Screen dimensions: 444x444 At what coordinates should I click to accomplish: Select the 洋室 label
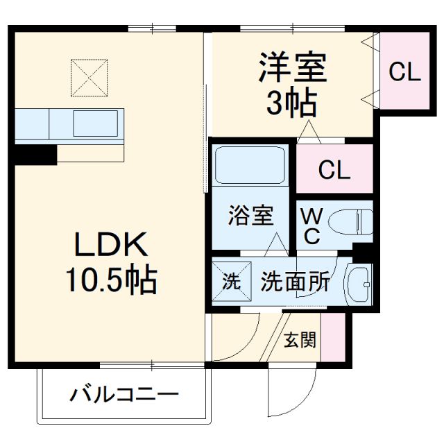click(x=291, y=69)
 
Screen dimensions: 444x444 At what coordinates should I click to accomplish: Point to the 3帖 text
click(x=291, y=104)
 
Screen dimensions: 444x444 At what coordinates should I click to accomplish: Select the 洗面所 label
click(x=294, y=282)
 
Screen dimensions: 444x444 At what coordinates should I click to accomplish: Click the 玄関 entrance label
click(x=300, y=341)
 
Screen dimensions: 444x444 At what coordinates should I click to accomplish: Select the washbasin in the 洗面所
click(x=360, y=282)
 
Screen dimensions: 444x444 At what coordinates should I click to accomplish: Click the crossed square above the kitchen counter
click(x=89, y=77)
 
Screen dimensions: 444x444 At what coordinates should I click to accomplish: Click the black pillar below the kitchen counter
click(x=33, y=154)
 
